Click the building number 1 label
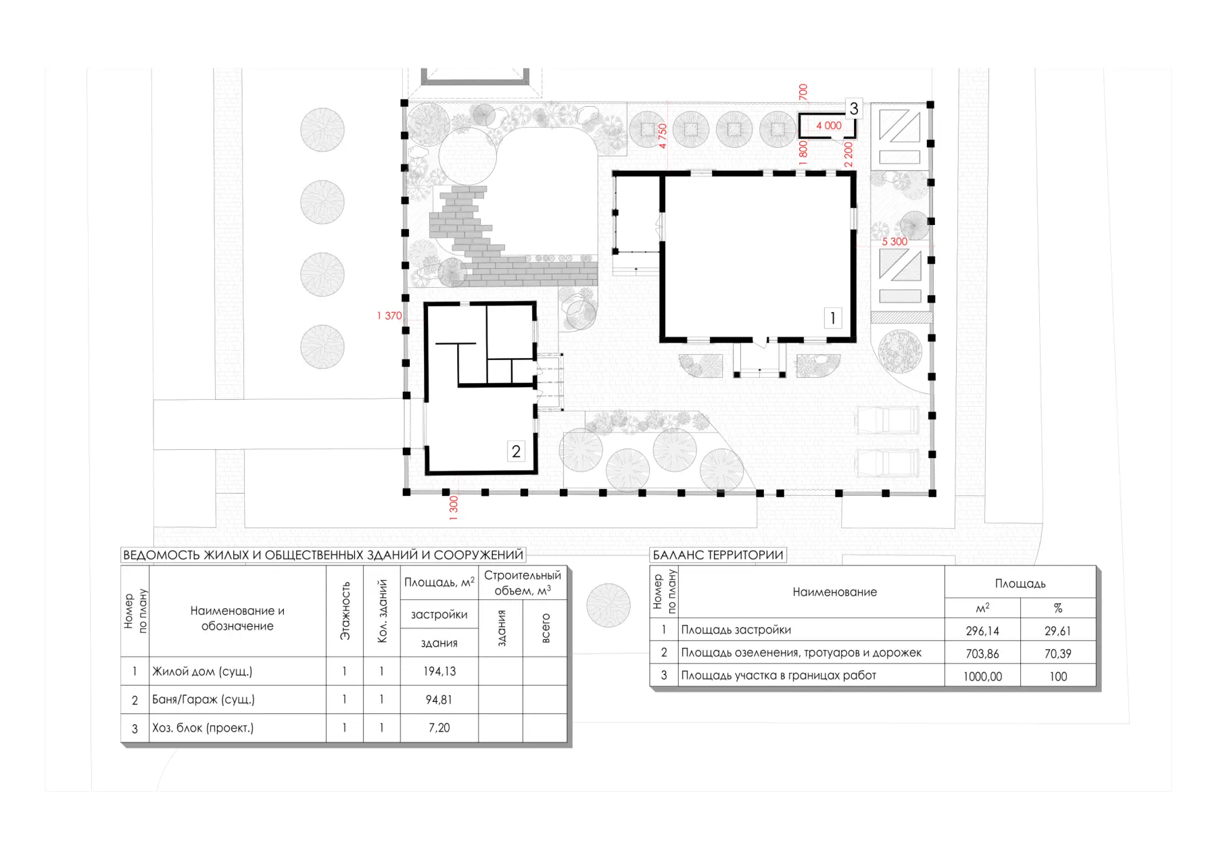click(x=832, y=318)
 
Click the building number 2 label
click(x=516, y=451)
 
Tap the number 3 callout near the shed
click(x=854, y=108)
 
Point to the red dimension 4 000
click(x=829, y=126)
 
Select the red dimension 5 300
click(x=894, y=241)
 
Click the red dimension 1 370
click(x=389, y=315)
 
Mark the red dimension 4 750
click(x=663, y=136)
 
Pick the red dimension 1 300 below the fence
click(x=454, y=508)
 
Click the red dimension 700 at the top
click(x=803, y=92)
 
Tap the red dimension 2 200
click(x=849, y=155)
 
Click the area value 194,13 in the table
click(x=439, y=672)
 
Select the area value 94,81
click(x=439, y=700)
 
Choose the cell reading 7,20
click(x=439, y=728)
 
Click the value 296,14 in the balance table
click(x=982, y=631)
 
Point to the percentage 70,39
click(x=1057, y=653)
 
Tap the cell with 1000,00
click(x=982, y=676)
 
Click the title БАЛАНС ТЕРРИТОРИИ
click(x=718, y=555)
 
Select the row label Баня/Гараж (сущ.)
click(x=204, y=700)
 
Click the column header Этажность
click(x=345, y=611)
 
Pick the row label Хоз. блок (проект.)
click(x=203, y=728)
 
